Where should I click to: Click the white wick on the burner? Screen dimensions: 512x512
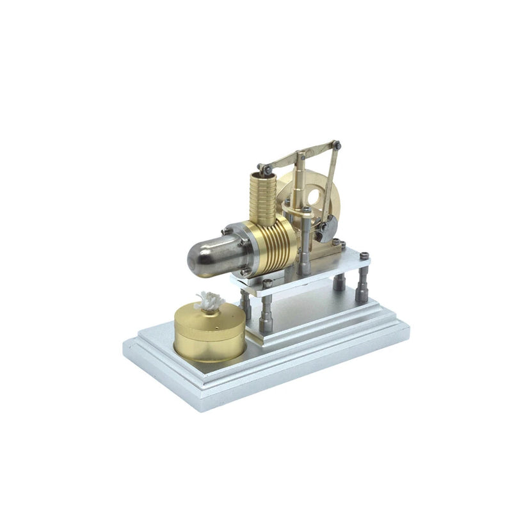[x=209, y=300]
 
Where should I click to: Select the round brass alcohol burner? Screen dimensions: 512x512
[x=209, y=333]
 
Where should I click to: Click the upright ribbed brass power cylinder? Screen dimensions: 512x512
[x=262, y=193]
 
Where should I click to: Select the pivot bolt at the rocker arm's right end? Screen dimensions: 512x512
[x=337, y=145]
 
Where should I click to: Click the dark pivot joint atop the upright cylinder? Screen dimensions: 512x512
[x=264, y=169]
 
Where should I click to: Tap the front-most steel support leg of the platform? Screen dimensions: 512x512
[x=266, y=314]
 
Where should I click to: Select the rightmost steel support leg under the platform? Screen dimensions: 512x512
[x=362, y=285]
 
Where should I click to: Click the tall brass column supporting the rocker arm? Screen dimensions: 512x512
[x=301, y=186]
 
